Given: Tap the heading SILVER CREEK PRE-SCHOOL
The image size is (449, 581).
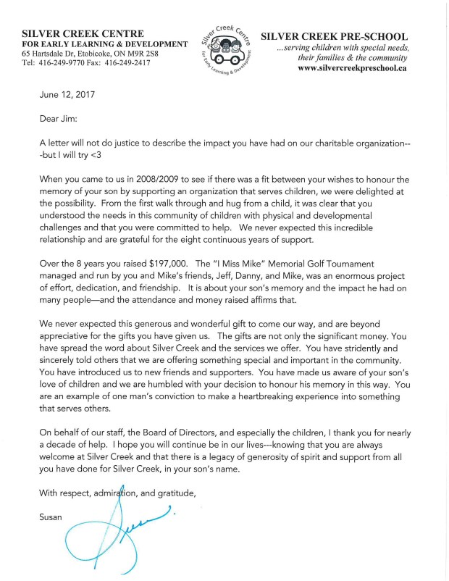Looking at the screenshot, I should [333, 35].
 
